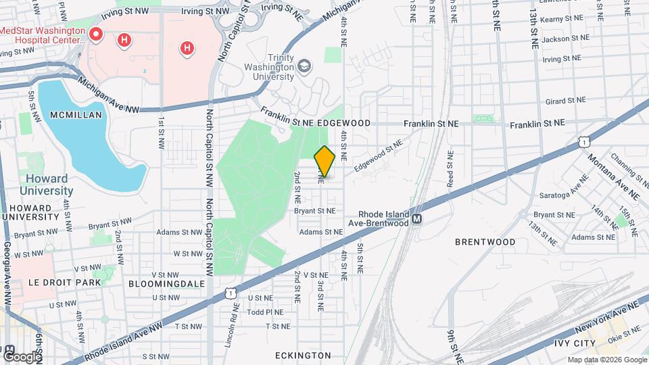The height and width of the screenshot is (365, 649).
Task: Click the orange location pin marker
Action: point(325,162)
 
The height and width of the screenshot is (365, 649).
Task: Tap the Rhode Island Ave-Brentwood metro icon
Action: point(417,219)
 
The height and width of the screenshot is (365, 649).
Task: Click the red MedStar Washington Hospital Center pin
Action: point(96,34)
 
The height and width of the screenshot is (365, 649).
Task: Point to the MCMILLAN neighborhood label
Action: point(76,115)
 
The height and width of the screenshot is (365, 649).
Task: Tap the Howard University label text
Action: point(46,185)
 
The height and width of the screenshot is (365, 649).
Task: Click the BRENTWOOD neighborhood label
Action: point(485,241)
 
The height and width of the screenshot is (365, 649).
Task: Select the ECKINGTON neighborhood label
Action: point(303,355)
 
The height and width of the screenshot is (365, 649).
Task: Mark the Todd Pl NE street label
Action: point(264,312)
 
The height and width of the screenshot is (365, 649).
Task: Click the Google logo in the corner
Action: point(22,356)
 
